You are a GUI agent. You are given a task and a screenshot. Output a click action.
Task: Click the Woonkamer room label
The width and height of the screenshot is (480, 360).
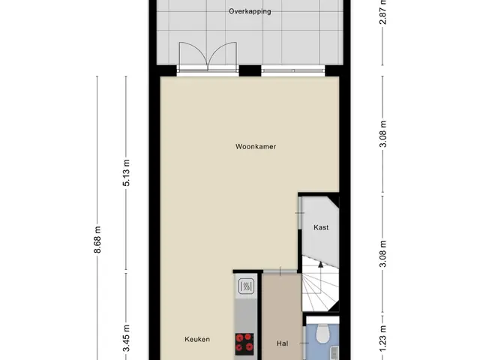click(256, 147)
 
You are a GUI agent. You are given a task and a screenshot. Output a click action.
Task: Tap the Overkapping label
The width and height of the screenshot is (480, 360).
click(250, 12)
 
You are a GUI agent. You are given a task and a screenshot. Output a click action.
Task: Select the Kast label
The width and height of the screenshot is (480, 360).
click(321, 227)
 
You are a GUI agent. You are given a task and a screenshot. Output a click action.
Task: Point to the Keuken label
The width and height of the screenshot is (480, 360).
click(197, 339)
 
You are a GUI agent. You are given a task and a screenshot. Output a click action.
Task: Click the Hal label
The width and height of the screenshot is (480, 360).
click(282, 343)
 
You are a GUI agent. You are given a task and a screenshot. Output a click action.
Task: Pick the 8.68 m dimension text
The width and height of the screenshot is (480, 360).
click(97, 240)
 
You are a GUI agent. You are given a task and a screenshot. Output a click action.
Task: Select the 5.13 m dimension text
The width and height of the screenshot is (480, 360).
click(126, 172)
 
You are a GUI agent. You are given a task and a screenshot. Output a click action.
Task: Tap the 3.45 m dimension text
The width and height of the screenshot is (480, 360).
click(126, 338)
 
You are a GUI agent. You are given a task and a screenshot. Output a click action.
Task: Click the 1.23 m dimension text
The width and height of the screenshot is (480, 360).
click(382, 339)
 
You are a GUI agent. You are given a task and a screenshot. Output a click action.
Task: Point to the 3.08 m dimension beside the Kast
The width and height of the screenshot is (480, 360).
click(382, 253)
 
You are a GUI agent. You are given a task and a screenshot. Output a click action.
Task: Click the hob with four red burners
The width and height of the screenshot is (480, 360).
click(244, 342)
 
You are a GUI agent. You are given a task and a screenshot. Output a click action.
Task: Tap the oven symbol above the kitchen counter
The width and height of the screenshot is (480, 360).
click(246, 286)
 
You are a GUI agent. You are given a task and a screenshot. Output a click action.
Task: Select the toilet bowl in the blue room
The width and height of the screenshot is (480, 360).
click(322, 334)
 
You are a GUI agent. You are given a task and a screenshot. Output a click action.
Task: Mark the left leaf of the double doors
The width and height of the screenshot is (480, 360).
click(193, 54)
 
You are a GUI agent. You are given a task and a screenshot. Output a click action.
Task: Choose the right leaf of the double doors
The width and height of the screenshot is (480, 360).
click(223, 54)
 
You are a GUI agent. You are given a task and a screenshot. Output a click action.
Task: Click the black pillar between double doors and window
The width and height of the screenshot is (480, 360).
click(250, 70)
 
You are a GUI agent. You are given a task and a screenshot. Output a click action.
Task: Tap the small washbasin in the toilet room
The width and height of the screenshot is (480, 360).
click(335, 352)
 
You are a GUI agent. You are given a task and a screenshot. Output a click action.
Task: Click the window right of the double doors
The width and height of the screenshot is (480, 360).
click(293, 70)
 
